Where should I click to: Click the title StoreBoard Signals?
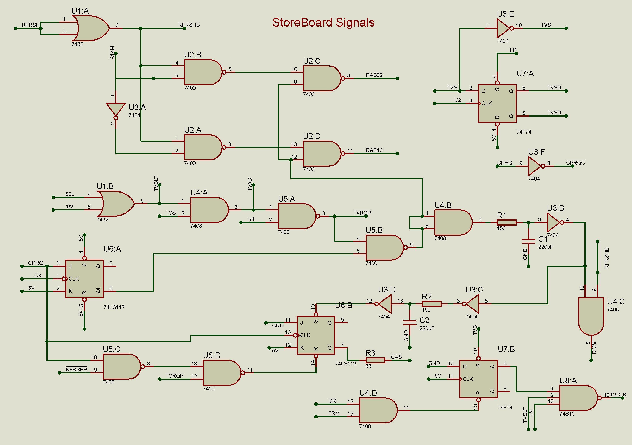pos(323,23)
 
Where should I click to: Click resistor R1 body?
pos(507,222)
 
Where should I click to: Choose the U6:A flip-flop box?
pos(84,279)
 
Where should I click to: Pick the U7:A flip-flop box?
pos(497,103)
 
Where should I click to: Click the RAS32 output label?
pos(374,75)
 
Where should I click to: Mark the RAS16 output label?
pos(374,150)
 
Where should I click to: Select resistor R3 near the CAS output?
pos(375,360)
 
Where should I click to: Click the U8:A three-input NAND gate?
pos(578,398)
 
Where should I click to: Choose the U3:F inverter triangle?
pos(535,166)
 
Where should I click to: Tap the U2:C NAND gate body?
pos(322,78)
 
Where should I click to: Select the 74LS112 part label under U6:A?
pos(114,307)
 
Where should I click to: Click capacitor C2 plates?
pos(410,323)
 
